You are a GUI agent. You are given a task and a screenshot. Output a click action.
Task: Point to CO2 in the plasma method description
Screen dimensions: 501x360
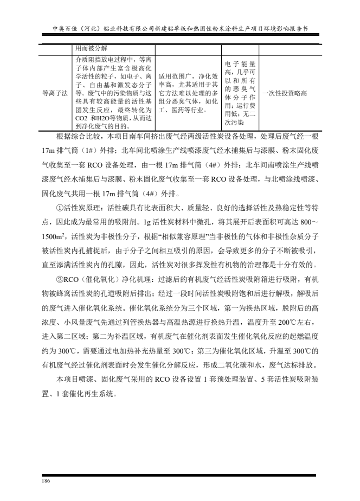(x=82, y=118)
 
